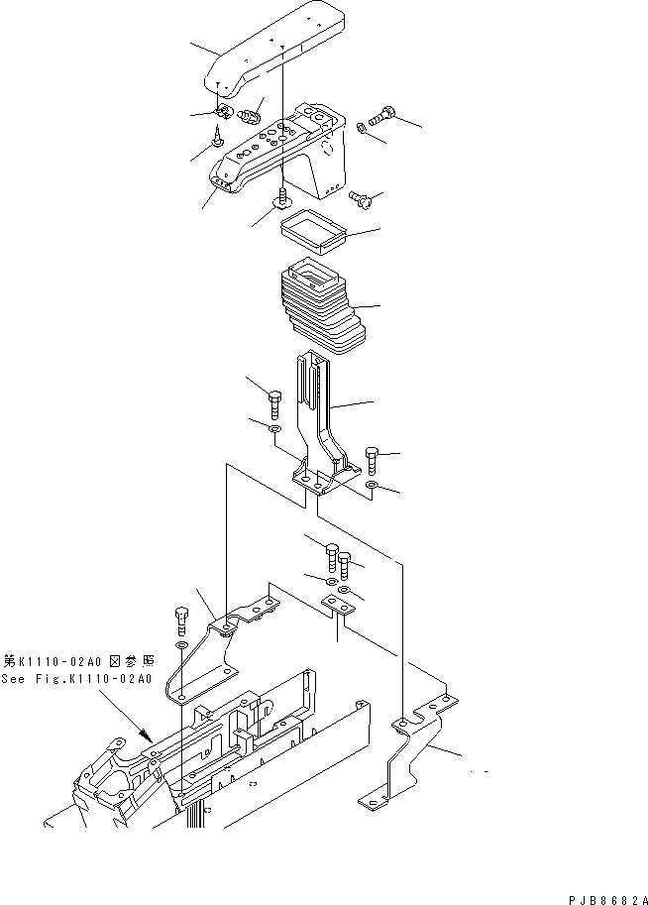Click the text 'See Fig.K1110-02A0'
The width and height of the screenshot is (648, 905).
(76, 679)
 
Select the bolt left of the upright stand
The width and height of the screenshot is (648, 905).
(274, 404)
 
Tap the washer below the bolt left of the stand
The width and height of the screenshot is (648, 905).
(274, 429)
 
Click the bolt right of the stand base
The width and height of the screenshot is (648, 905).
(373, 459)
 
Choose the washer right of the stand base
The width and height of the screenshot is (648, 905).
(372, 487)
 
